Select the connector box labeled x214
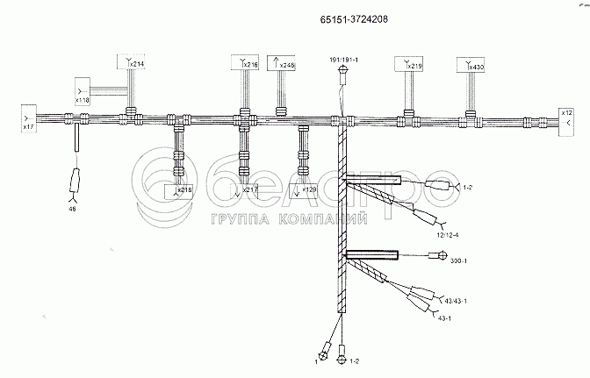tap(132, 61)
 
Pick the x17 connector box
tap(28, 118)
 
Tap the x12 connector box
tap(567, 118)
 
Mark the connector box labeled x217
tap(248, 190)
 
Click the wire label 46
tap(72, 209)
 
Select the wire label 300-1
tap(458, 261)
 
